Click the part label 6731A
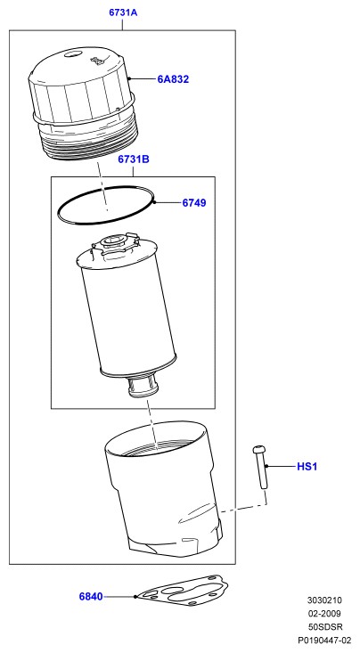click(123, 12)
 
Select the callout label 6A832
click(173, 79)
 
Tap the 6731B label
click(134, 159)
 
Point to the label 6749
click(194, 203)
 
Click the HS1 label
click(307, 467)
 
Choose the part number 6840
click(91, 596)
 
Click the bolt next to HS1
click(260, 467)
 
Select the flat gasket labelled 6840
click(183, 591)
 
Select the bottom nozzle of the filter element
click(143, 385)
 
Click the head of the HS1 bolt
click(259, 449)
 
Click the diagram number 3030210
click(324, 600)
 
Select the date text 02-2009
click(324, 614)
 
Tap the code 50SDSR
click(325, 627)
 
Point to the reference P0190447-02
click(324, 641)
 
